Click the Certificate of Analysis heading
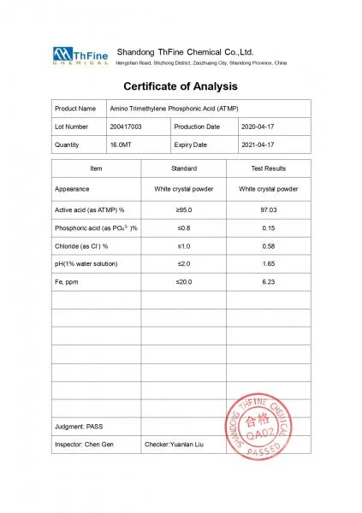[181, 86]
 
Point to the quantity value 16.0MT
[122, 145]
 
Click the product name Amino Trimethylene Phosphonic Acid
[174, 109]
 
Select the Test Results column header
[268, 169]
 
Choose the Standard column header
[184, 169]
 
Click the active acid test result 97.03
[268, 209]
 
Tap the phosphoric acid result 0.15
[268, 227]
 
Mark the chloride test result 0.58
[268, 245]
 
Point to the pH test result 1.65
[268, 263]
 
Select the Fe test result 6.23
[268, 281]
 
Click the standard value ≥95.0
[184, 209]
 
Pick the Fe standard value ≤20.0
[184, 281]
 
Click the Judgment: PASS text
[79, 426]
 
